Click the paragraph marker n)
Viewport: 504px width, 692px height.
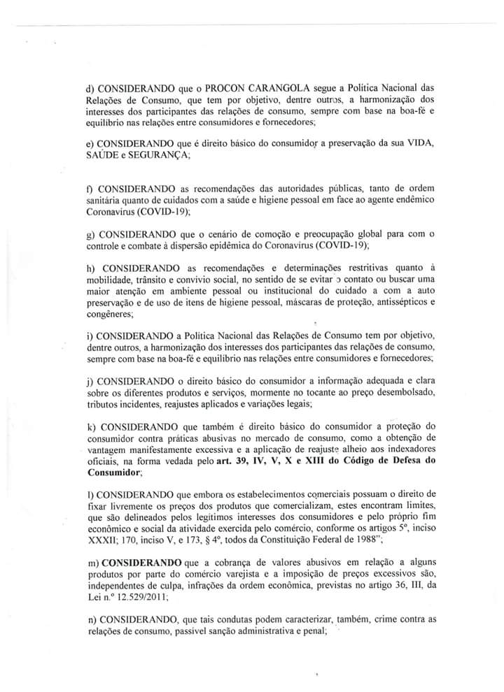point(90,619)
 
